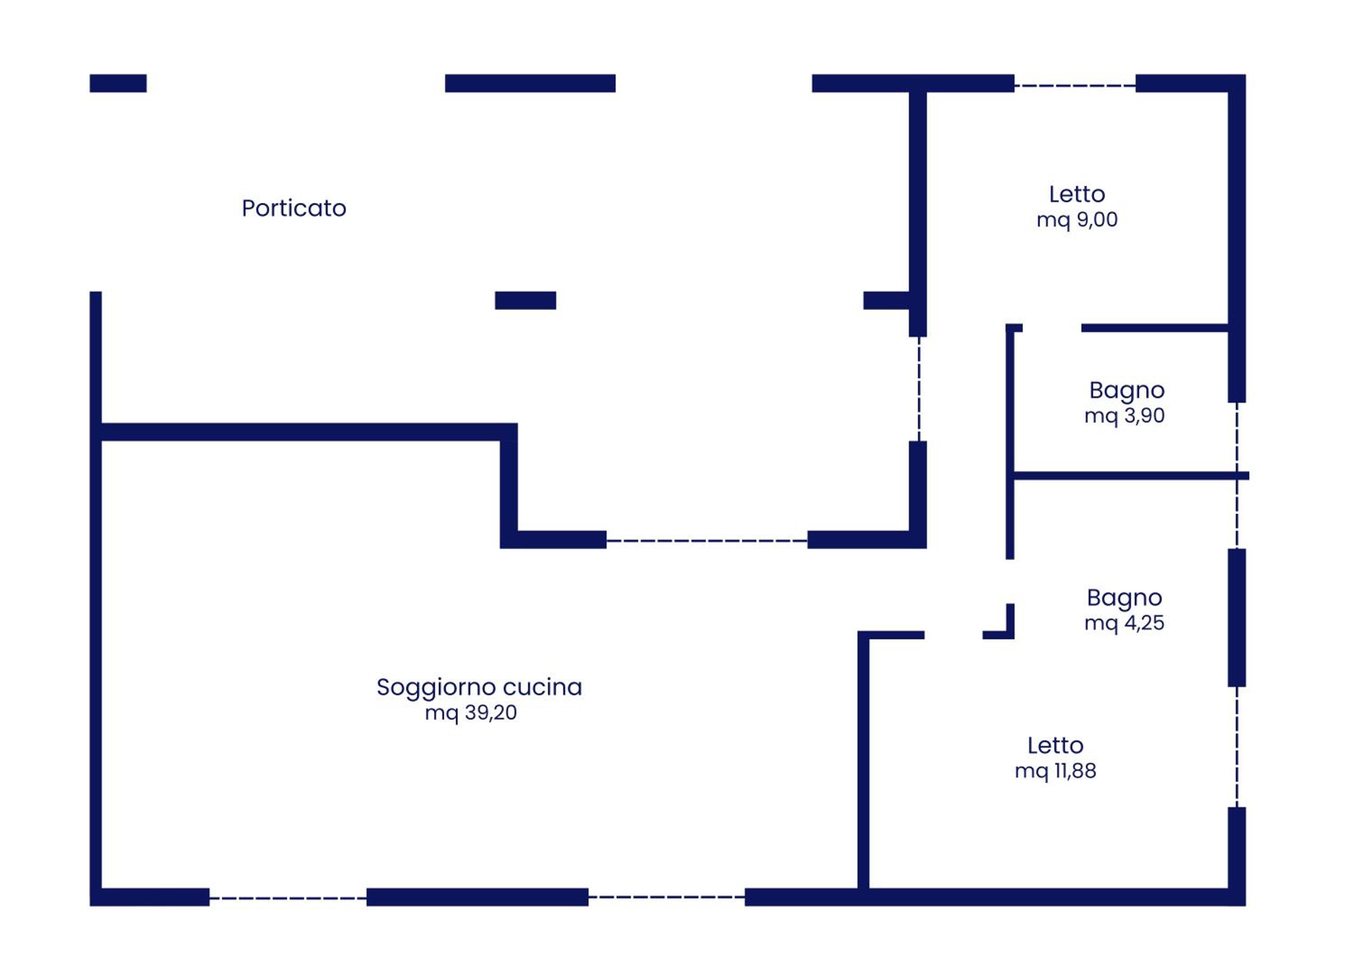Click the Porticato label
pos(294,208)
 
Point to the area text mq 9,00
pos(1077,220)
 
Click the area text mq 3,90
pos(1124,416)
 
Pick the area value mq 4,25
pos(1124,623)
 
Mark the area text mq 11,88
pos(1055,771)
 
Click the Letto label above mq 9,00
pos(1077,194)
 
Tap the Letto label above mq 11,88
pos(1055,746)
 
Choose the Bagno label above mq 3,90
pos(1127,391)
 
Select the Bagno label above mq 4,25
pos(1124,598)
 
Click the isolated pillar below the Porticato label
pos(525,300)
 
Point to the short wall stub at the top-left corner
pos(118,83)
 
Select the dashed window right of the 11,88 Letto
pos(1237,747)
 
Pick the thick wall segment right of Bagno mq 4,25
pos(1237,618)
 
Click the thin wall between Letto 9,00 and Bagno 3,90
pos(1155,328)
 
